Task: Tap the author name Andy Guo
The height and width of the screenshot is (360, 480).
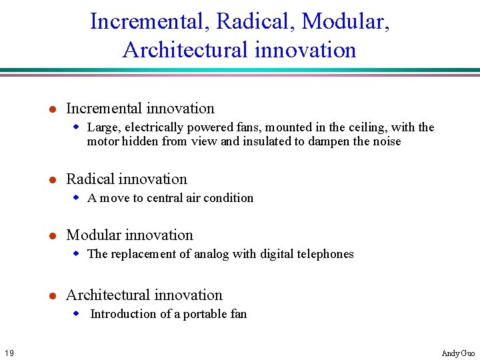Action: tap(458, 353)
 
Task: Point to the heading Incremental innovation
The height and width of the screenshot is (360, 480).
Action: tap(140, 109)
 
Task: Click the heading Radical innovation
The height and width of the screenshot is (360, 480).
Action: tap(127, 179)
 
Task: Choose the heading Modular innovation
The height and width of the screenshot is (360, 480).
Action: tap(129, 235)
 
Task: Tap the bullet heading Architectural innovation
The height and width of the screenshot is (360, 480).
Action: tap(144, 295)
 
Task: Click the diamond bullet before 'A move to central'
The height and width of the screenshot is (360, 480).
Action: tap(77, 198)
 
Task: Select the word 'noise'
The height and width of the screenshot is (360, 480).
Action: tap(385, 141)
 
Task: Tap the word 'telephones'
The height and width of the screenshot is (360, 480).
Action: tap(325, 254)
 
